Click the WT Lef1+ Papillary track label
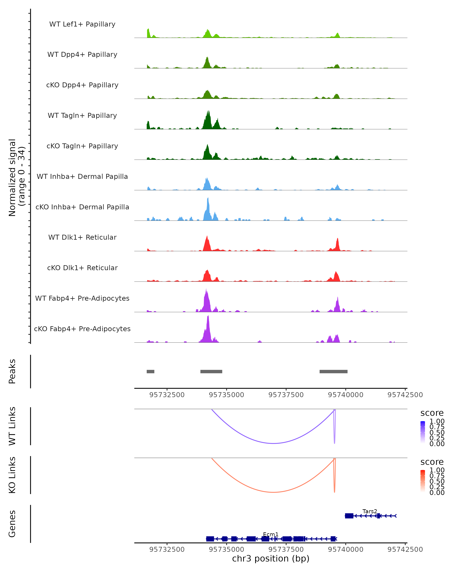click(x=82, y=24)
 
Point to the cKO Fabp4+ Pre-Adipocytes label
click(x=82, y=329)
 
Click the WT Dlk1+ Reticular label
click(x=82, y=237)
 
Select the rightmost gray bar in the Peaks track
click(x=333, y=371)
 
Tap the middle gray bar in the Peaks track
click(x=211, y=371)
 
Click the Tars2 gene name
click(x=370, y=511)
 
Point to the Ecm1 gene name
click(x=271, y=534)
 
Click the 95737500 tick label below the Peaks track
click(x=286, y=395)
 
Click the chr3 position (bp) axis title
click(x=271, y=558)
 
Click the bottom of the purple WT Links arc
click(x=273, y=443)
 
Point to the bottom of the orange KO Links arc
click(x=273, y=492)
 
